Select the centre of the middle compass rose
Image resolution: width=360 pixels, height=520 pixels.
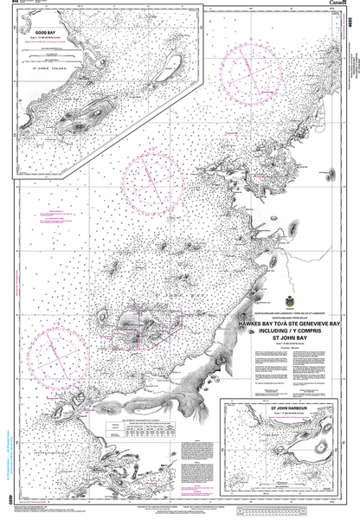tap(151, 180)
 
